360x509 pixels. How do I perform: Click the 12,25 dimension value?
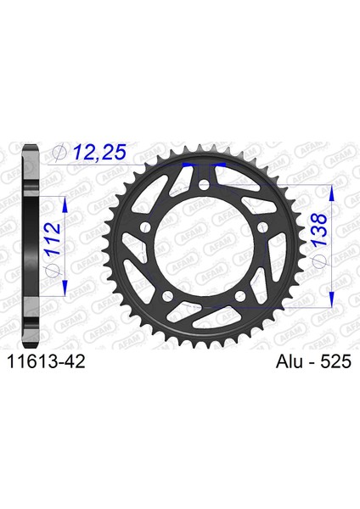coord(99,153)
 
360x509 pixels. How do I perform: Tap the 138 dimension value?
coord(318,229)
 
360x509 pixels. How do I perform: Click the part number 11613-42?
coord(46,361)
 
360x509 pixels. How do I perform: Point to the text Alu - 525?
coord(313,361)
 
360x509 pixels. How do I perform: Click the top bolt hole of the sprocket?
coord(204,186)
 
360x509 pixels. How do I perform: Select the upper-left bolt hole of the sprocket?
coord(145,227)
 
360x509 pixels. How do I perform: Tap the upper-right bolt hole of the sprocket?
coord(262,227)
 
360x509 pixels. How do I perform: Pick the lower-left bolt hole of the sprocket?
coord(167,295)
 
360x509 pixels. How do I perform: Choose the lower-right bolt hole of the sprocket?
coord(240,295)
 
